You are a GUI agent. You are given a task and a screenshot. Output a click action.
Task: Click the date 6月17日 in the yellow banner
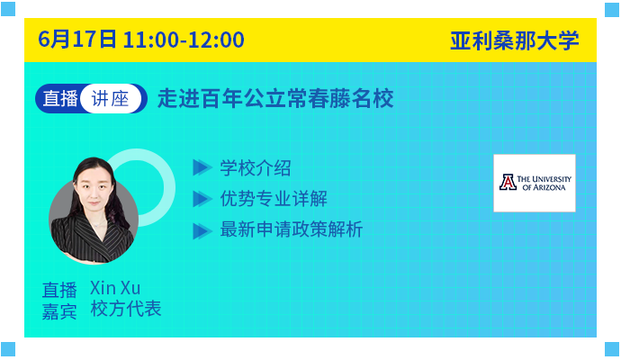77,40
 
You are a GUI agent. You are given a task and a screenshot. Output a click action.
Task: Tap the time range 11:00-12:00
184,40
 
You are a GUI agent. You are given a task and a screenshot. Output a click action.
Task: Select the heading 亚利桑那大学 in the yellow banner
515,40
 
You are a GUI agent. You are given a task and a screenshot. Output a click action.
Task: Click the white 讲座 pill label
111,99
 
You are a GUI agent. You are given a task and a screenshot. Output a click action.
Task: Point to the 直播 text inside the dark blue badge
60,99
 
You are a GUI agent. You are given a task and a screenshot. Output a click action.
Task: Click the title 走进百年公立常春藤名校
275,99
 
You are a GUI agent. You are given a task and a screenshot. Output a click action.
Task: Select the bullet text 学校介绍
256,168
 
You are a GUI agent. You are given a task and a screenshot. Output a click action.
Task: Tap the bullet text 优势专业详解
274,199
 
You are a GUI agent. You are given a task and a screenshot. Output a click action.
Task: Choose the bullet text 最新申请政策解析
292,229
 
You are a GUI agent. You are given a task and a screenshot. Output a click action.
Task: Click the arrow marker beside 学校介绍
202,167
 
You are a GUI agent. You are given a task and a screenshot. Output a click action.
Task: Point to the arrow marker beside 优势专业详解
202,199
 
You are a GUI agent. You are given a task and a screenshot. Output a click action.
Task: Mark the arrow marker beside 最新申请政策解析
202,231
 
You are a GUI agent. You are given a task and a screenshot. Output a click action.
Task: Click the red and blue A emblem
508,183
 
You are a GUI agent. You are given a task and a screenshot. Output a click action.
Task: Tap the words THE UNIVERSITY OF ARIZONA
544,183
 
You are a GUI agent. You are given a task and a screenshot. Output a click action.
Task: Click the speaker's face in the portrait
94,189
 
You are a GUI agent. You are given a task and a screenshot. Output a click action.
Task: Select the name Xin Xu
115,288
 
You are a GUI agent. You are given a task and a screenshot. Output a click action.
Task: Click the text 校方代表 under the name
126,309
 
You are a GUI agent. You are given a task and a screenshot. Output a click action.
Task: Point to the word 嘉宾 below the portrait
59,311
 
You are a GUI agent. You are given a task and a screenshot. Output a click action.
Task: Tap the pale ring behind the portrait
166,186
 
